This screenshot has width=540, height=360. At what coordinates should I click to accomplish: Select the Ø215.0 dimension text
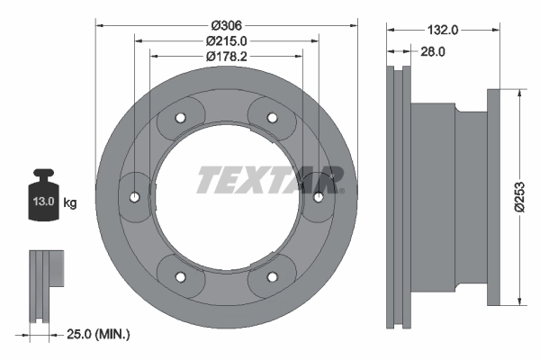(x=227, y=41)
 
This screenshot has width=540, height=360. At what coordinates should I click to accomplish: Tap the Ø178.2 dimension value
(x=227, y=57)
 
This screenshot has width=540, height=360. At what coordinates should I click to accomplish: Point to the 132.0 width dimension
(x=444, y=30)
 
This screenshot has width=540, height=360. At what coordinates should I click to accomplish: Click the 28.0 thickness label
(x=434, y=52)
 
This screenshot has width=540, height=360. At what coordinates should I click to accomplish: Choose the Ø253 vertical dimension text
(x=520, y=195)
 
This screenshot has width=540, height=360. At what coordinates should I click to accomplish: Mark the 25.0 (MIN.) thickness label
(x=100, y=334)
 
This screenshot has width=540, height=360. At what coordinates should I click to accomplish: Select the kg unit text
(x=70, y=203)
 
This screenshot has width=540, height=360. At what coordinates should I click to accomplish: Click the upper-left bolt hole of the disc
(x=180, y=118)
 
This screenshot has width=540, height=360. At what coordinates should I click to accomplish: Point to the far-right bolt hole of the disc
(x=318, y=196)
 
